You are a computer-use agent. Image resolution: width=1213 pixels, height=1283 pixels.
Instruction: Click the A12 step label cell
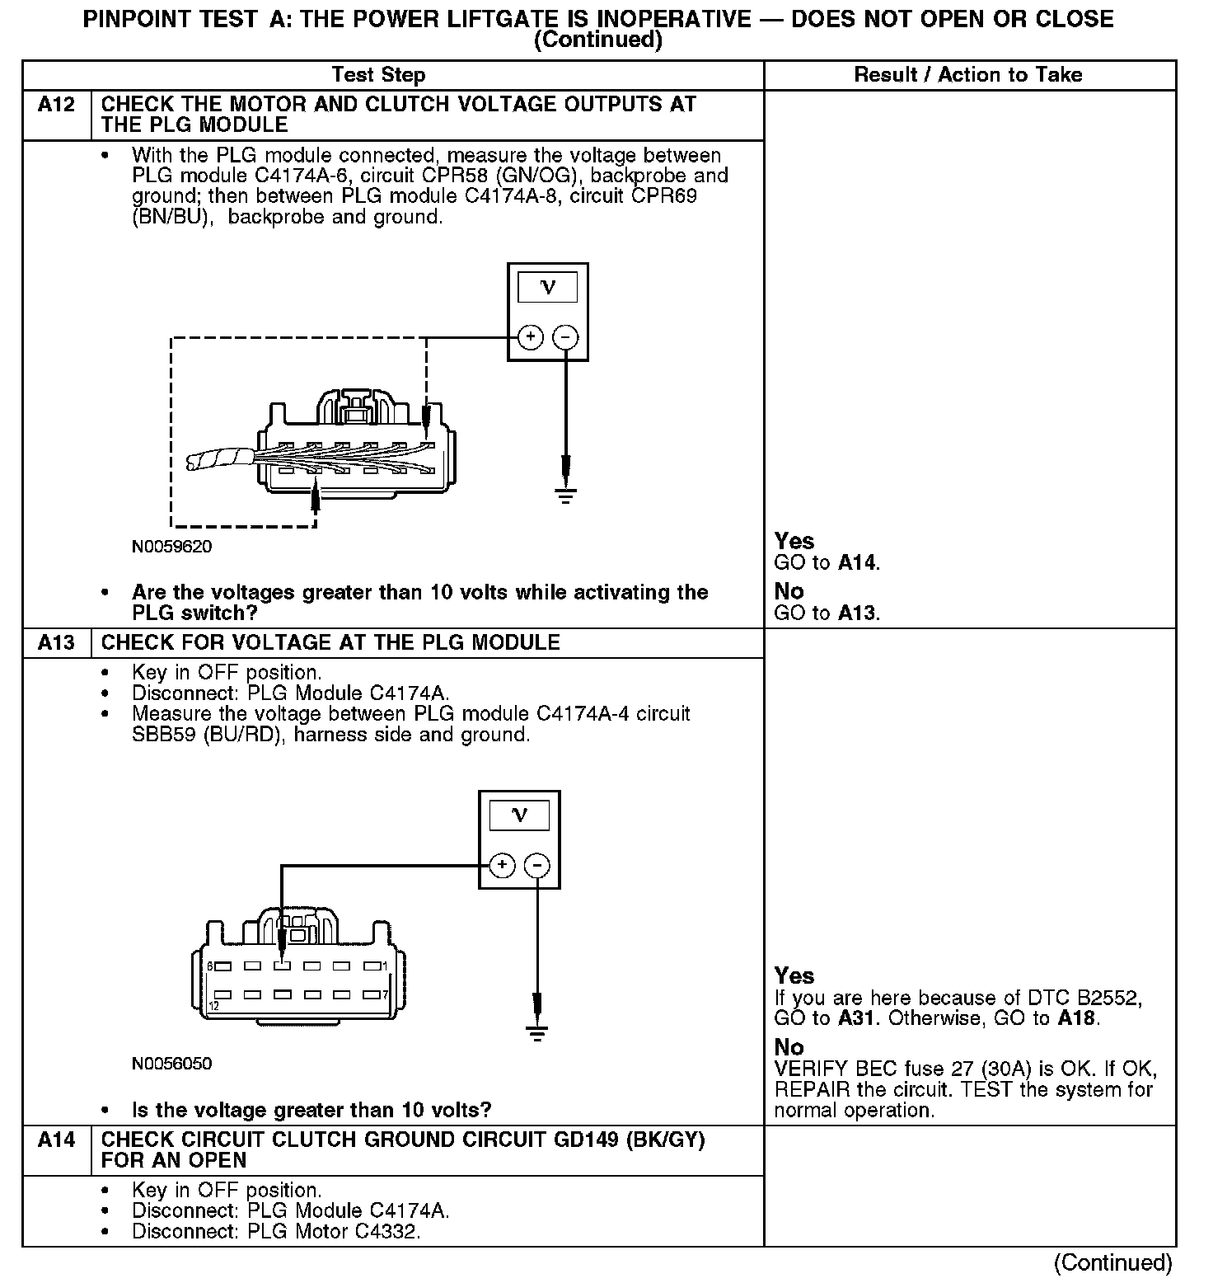56,106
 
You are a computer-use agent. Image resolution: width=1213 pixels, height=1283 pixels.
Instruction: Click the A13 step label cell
56,643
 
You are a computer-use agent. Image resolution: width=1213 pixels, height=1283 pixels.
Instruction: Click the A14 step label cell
56,1140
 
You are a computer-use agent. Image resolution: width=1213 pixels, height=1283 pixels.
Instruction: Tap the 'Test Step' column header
378,75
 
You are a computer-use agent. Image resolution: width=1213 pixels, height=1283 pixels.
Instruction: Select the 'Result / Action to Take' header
968,75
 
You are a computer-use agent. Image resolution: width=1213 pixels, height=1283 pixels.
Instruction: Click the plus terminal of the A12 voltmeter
531,336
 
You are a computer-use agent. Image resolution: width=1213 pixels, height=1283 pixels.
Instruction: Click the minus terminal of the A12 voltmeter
565,336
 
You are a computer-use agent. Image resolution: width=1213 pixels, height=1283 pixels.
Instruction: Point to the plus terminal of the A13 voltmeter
503,865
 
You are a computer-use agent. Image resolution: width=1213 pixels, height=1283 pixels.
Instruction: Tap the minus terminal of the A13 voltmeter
537,865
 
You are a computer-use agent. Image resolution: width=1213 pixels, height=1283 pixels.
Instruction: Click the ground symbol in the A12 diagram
565,495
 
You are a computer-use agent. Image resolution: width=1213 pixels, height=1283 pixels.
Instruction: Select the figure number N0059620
171,547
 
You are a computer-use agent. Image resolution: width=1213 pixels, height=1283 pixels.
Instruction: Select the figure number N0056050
171,1064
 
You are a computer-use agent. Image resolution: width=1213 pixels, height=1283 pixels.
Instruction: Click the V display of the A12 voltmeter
547,288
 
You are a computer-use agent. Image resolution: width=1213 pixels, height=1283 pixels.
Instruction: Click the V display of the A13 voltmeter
519,815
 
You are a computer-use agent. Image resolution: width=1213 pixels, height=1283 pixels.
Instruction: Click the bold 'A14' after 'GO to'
858,564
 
